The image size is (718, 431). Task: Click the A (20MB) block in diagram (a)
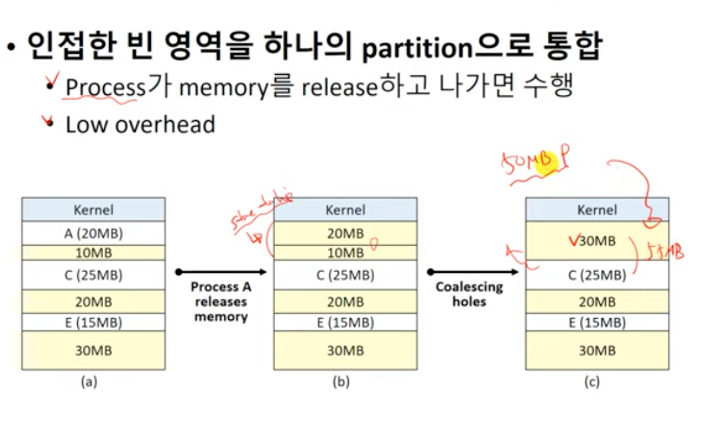(93, 233)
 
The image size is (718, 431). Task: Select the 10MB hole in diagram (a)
(93, 252)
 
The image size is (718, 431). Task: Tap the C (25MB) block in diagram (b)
(345, 275)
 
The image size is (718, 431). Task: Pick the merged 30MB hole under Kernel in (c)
(597, 241)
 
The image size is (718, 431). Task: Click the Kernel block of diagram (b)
(345, 209)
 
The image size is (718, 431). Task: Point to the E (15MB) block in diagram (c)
(597, 322)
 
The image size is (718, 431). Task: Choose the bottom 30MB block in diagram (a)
(93, 350)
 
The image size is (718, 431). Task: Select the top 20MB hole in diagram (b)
(345, 233)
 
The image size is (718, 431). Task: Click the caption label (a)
(89, 382)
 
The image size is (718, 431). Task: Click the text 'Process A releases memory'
(221, 302)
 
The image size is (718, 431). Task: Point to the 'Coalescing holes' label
(469, 294)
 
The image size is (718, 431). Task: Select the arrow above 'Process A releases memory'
(221, 272)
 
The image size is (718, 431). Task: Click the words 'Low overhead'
(140, 124)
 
